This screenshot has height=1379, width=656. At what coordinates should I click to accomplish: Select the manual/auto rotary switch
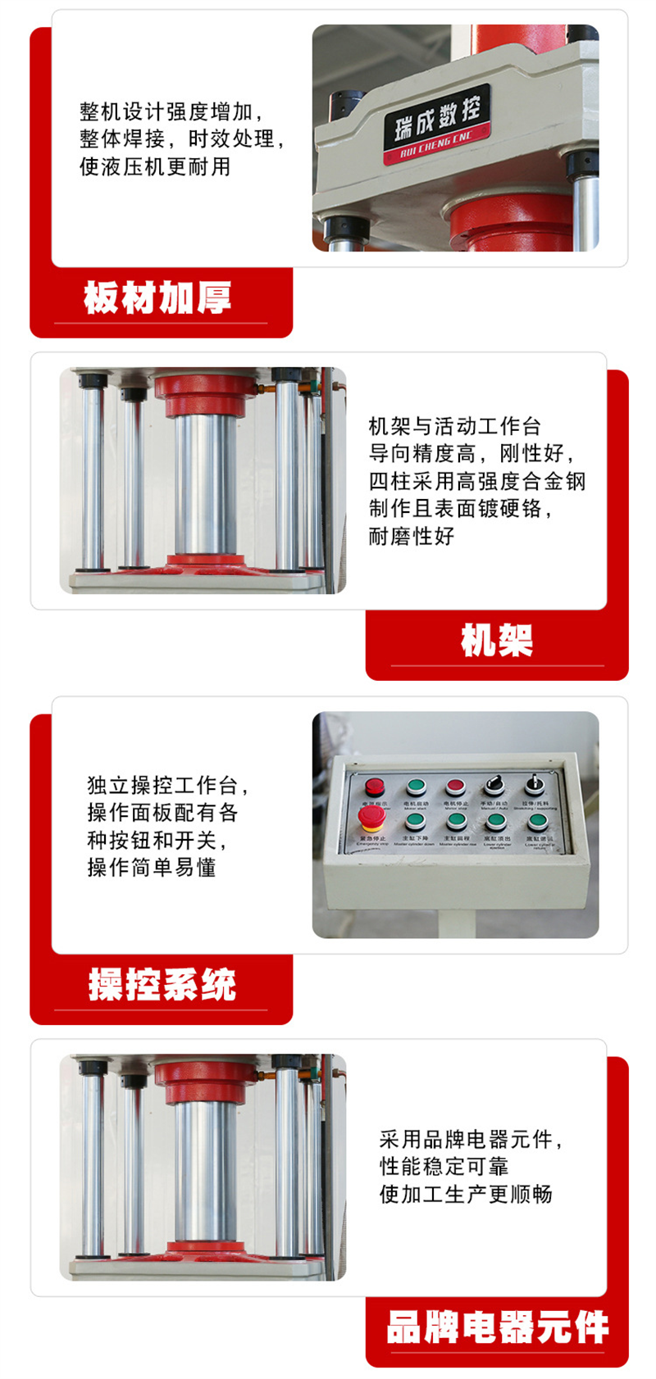[494, 785]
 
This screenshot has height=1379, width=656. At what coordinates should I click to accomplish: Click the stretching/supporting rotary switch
[534, 785]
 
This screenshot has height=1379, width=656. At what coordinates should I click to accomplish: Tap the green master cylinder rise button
[456, 822]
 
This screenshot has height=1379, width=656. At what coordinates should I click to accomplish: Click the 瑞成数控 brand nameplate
[437, 123]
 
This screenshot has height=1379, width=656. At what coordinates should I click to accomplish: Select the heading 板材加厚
[157, 297]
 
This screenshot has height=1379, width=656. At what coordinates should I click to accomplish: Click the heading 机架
[497, 640]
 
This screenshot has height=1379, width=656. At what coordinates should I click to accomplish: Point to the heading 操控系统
[162, 984]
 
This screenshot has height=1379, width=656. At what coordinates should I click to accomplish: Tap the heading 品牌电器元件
[497, 1327]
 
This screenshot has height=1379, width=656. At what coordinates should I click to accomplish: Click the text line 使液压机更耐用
[155, 167]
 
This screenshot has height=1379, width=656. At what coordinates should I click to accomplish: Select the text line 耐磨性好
[411, 537]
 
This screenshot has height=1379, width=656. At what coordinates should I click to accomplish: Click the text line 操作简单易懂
[152, 868]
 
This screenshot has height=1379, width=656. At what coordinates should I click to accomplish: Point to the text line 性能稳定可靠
[444, 1167]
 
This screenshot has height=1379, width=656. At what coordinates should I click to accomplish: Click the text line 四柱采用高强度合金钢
[477, 481]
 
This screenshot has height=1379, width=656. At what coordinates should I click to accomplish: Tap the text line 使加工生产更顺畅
[466, 1195]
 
